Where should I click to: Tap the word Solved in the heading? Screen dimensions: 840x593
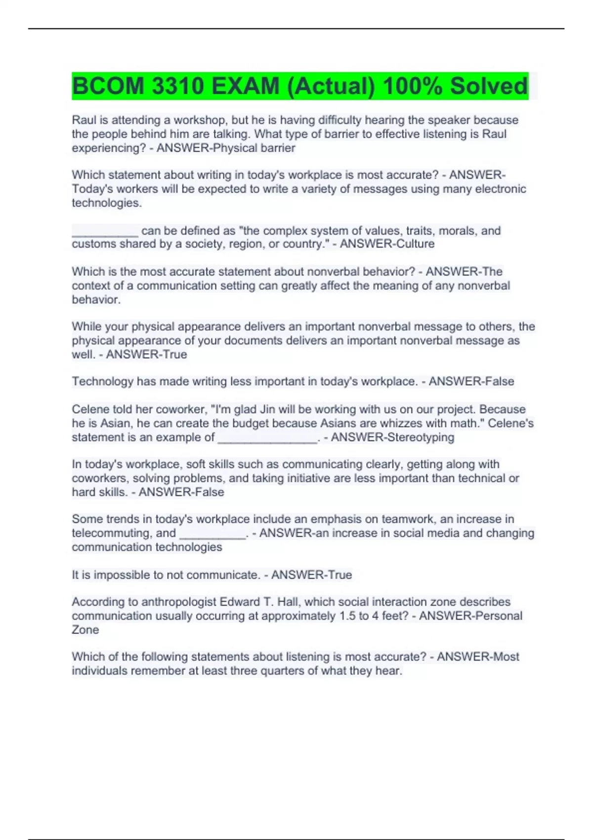[x=488, y=86]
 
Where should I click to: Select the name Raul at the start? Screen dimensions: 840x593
[x=85, y=120]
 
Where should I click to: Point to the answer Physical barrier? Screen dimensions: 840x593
[x=254, y=148]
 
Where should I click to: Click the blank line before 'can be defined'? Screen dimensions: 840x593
[x=105, y=231]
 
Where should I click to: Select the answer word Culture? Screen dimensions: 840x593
[x=411, y=244]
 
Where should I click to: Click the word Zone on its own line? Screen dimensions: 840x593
[x=85, y=630]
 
